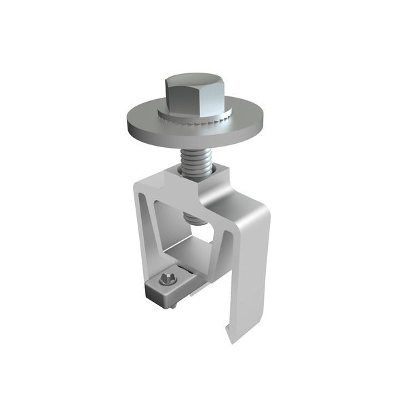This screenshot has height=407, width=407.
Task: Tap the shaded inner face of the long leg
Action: click(x=233, y=271)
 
